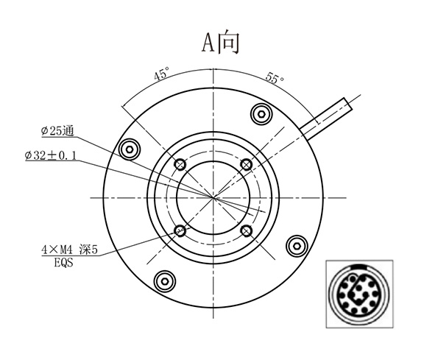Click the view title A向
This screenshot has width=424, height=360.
[222, 43]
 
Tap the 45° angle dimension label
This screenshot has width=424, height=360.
[161, 74]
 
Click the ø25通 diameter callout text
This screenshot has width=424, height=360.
[57, 131]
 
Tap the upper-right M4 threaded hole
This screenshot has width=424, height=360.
[247, 163]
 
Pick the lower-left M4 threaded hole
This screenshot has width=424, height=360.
[180, 230]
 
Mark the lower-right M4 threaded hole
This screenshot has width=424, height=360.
[247, 230]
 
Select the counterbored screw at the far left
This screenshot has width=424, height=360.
[130, 149]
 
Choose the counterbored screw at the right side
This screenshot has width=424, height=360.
[297, 245]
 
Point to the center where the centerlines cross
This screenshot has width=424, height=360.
[213, 197]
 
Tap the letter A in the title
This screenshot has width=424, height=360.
[209, 43]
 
